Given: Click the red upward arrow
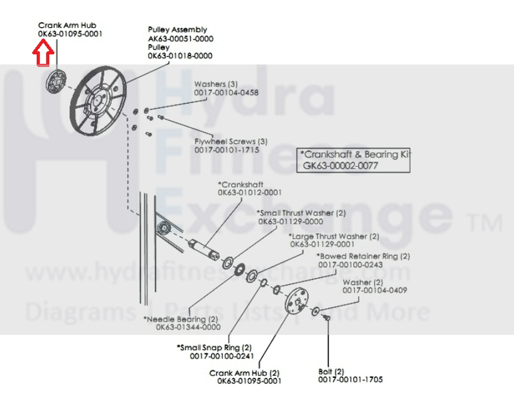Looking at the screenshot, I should [42, 53].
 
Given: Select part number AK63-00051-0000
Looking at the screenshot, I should [180, 39].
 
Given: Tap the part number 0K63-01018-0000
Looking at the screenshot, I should [180, 56].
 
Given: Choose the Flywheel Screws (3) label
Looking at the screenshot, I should [230, 141].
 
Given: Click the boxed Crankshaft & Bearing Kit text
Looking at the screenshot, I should [353, 154].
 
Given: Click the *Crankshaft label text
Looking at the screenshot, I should [241, 184].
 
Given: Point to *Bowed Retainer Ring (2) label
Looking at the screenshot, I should [363, 256].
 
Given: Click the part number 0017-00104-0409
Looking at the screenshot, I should [375, 290].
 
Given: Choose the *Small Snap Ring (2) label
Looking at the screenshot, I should [214, 347].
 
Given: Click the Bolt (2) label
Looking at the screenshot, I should [331, 372].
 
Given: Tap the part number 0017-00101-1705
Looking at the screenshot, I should [350, 380].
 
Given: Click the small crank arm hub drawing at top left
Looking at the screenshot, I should [57, 81].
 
